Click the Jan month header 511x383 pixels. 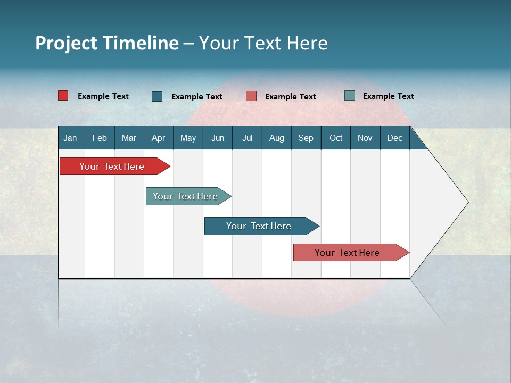[x=70, y=138]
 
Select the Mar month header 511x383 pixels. [x=129, y=138]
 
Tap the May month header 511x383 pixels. [x=188, y=138]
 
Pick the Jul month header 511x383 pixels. [x=247, y=138]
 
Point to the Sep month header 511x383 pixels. [x=306, y=138]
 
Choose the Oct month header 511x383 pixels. [x=336, y=138]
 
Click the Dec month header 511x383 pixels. [x=394, y=138]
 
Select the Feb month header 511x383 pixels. [x=100, y=138]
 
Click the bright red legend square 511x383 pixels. [x=63, y=96]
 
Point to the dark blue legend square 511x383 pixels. [x=157, y=96]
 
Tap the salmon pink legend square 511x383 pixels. [x=251, y=96]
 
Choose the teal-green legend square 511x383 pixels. [x=350, y=96]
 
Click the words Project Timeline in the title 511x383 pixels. [x=106, y=43]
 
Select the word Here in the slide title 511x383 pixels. [x=307, y=43]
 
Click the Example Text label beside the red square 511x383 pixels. [x=103, y=96]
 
